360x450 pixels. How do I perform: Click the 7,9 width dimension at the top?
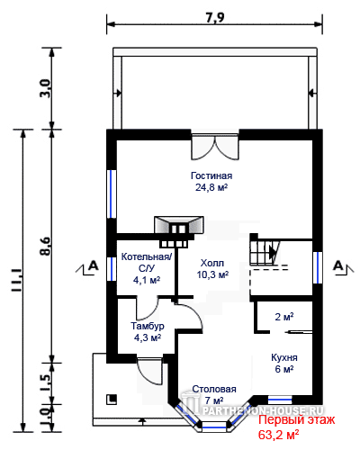pos(215,17)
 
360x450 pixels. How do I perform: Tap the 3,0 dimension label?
pos(46,88)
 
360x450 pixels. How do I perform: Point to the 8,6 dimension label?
pos(46,246)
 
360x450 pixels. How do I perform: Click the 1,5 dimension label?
pos(46,383)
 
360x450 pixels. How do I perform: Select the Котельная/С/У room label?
pos(147,268)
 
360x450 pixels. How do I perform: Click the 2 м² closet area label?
pos(284,317)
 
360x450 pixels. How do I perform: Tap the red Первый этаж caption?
pos(296,419)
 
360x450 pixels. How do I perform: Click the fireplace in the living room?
pos(179,231)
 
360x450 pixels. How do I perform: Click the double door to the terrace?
pos(215,147)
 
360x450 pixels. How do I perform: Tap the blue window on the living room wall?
pos(112,193)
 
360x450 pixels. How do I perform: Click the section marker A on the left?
pos(87,267)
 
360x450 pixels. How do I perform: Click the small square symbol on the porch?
pos(112,400)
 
